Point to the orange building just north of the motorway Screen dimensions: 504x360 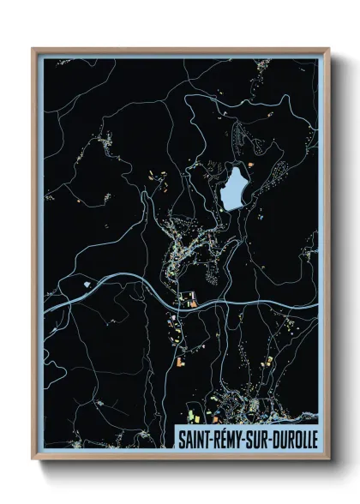click(x=192, y=303)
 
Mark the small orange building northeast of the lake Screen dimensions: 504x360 click(x=250, y=160)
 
